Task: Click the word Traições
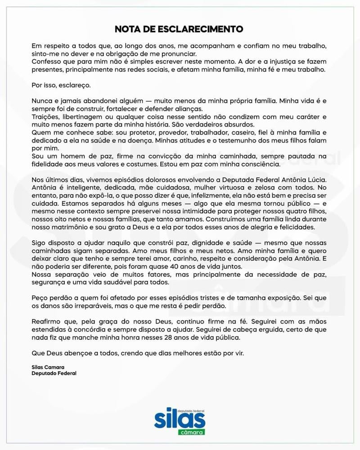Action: (45, 117)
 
